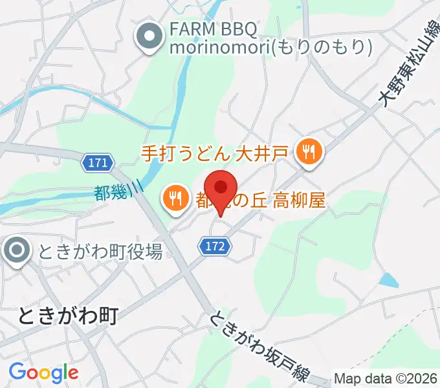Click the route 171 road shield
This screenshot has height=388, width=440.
pyautogui.click(x=98, y=163)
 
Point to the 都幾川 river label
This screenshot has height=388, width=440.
pyautogui.click(x=118, y=192)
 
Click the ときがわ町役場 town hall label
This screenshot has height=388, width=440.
pyautogui.click(x=100, y=252)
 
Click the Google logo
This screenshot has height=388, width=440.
pyautogui.click(x=43, y=372)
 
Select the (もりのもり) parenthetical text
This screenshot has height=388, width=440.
pyautogui.click(x=321, y=47)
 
